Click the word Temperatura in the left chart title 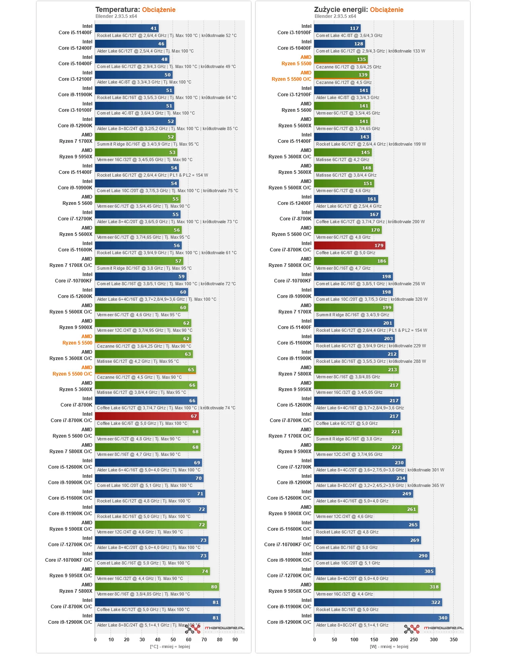pyautogui.click(x=117, y=10)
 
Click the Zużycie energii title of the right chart pyautogui.click(x=341, y=10)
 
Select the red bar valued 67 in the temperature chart pyautogui.click(x=147, y=416)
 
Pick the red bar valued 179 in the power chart pyautogui.click(x=350, y=245)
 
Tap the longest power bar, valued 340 pyautogui.click(x=381, y=618)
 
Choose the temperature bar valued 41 pyautogui.click(x=127, y=28)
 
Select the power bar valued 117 pyautogui.click(x=337, y=28)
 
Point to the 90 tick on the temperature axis pyautogui.click(x=235, y=639)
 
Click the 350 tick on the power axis pyautogui.click(x=453, y=639)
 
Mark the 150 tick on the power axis pyautogui.click(x=374, y=639)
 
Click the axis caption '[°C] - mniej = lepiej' pyautogui.click(x=170, y=646)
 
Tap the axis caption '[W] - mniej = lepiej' pyautogui.click(x=389, y=646)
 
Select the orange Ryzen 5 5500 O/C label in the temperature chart pyautogui.click(x=72, y=374)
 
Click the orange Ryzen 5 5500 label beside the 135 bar pyautogui.click(x=296, y=63)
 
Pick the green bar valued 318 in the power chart pyautogui.click(x=377, y=586)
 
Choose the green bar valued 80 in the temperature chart pyautogui.click(x=157, y=586)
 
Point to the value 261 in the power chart pyautogui.click(x=412, y=509)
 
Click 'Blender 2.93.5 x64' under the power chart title pyautogui.click(x=335, y=16)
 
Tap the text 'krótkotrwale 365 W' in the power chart pyautogui.click(x=426, y=485)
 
